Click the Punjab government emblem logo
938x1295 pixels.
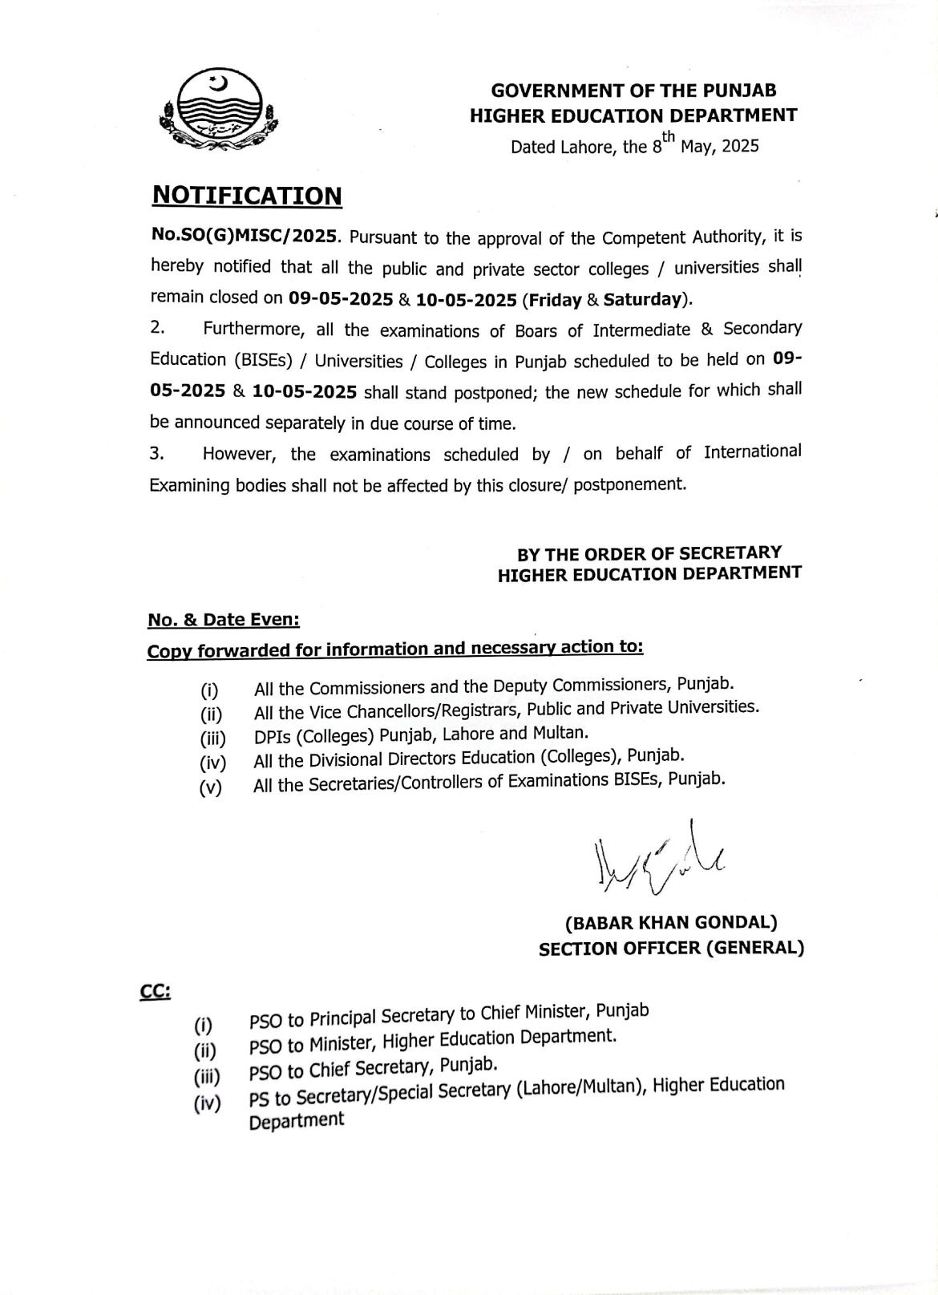[218, 111]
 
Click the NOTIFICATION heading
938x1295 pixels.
[247, 196]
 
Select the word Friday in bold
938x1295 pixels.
[555, 300]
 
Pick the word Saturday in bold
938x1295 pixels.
[643, 299]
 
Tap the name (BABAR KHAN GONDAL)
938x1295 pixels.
[671, 923]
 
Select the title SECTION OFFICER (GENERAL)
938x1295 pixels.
[671, 949]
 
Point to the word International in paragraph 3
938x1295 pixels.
[752, 451]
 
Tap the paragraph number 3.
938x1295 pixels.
[156, 454]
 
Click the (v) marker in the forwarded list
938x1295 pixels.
[211, 787]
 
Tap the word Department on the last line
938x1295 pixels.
[297, 1120]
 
